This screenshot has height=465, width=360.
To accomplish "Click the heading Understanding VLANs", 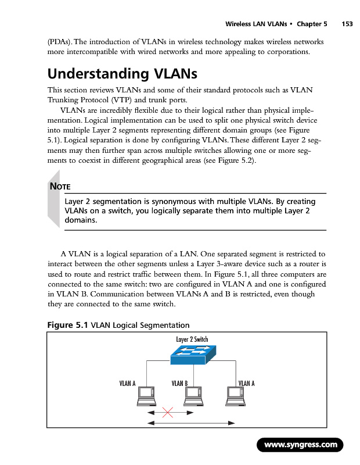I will (123, 74).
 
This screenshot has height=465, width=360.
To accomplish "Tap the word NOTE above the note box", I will (60, 187).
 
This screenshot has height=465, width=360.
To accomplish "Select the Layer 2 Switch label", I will (191, 339).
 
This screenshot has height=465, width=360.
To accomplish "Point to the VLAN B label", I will (179, 383).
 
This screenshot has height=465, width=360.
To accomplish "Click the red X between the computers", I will (168, 413).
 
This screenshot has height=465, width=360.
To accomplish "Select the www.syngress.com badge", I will (300, 445).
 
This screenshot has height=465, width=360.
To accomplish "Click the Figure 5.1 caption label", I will (67, 325).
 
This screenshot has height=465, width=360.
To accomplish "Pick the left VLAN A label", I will (127, 383).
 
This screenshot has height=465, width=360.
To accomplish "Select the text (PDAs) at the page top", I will (60, 43).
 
